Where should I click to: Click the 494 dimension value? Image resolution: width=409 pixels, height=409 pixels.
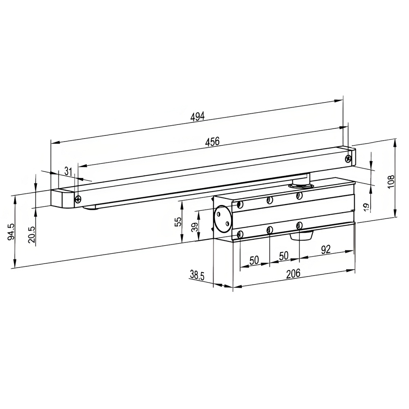(197, 117)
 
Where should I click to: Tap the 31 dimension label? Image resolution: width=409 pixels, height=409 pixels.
(68, 172)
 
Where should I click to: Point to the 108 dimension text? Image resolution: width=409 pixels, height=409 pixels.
(391, 182)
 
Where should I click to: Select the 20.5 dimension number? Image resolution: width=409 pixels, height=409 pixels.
(31, 235)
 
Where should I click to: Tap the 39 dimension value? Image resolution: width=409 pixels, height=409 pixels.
(194, 227)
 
